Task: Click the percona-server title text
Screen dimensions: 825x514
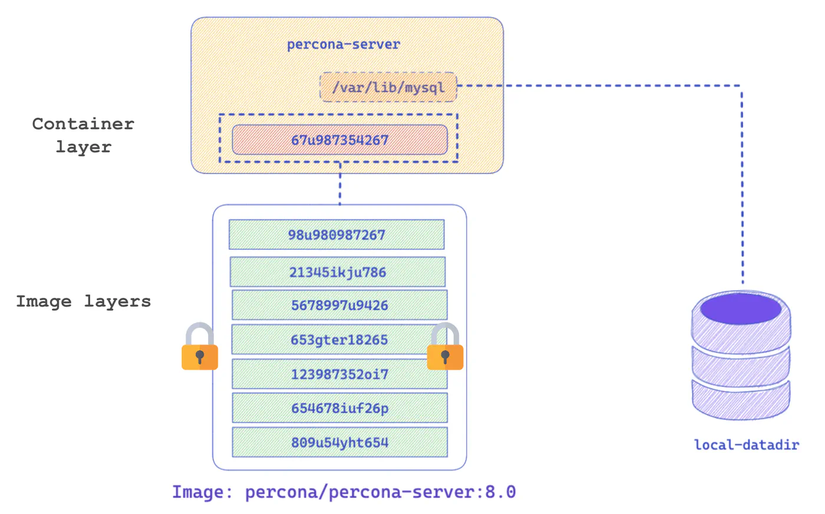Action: [343, 45]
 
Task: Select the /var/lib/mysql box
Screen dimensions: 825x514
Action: [388, 87]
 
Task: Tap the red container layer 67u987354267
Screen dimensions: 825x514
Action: [339, 140]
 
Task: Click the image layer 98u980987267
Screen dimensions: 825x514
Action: [336, 235]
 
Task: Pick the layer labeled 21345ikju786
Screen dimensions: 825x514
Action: [338, 272]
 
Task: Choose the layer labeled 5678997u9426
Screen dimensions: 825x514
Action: [339, 305]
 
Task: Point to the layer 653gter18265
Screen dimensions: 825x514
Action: [339, 340]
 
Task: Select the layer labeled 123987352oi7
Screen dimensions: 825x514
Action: [339, 374]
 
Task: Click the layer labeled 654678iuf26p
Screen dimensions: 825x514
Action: [339, 408]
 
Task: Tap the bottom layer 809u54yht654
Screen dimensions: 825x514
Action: [339, 442]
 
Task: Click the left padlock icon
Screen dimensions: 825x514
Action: [200, 347]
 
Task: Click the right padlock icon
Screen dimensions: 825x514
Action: [445, 347]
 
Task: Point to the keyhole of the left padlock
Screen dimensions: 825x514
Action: [200, 357]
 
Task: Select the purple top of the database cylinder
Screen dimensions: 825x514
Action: [741, 309]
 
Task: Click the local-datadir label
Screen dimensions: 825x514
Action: [747, 444]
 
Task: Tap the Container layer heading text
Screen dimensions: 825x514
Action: [83, 135]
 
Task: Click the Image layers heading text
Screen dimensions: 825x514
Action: [83, 301]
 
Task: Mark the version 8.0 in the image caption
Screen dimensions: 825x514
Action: [500, 492]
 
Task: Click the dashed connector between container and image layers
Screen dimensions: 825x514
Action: [339, 183]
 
